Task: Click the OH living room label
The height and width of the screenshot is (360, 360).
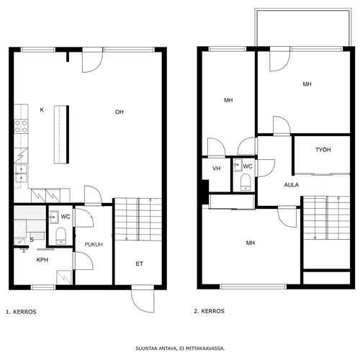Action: click(x=120, y=112)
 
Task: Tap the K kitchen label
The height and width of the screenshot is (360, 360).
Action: click(x=42, y=110)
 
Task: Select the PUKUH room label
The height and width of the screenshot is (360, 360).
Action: click(x=94, y=245)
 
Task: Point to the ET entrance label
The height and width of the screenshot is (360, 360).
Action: click(x=140, y=264)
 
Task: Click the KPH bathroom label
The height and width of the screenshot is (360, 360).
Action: click(x=42, y=260)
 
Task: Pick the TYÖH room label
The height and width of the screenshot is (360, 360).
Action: click(x=323, y=150)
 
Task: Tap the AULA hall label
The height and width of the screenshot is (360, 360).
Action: click(x=292, y=185)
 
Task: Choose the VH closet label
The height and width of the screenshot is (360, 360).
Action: click(x=217, y=168)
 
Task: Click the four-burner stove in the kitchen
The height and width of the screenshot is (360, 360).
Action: click(x=21, y=127)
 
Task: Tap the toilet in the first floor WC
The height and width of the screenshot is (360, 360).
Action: click(x=60, y=235)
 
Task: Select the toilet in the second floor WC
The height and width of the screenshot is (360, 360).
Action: click(x=246, y=182)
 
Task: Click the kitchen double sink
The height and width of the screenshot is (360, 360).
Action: click(x=21, y=174)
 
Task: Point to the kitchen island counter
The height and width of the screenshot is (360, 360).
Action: click(x=61, y=135)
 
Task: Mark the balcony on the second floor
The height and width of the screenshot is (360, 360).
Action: click(x=303, y=27)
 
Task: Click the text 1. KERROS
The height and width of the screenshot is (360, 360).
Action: click(x=21, y=312)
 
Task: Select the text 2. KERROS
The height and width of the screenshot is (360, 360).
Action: click(x=209, y=311)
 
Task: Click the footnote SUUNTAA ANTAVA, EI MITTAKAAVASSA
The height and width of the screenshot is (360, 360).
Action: click(x=180, y=348)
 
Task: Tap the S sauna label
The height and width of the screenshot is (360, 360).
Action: click(x=32, y=240)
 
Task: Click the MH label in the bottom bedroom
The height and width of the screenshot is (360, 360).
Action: click(x=251, y=243)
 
